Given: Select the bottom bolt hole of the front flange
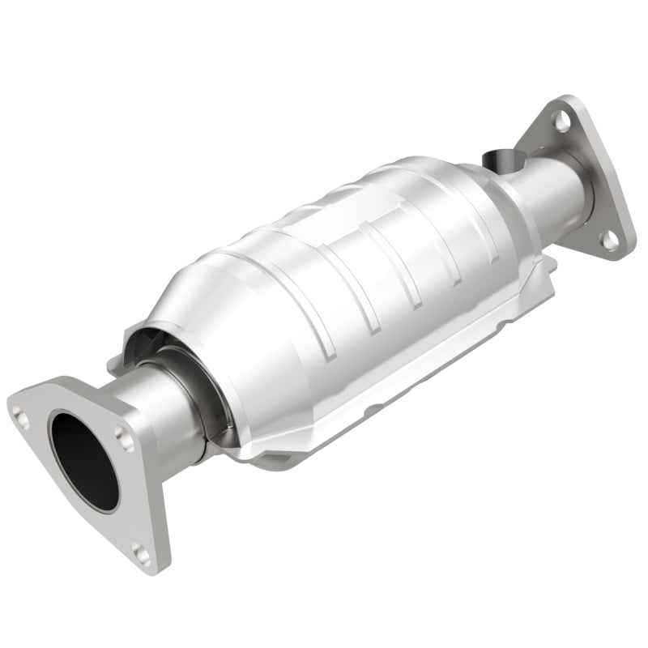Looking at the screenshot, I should click(142, 555).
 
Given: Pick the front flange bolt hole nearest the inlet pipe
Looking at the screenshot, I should click(123, 438).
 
